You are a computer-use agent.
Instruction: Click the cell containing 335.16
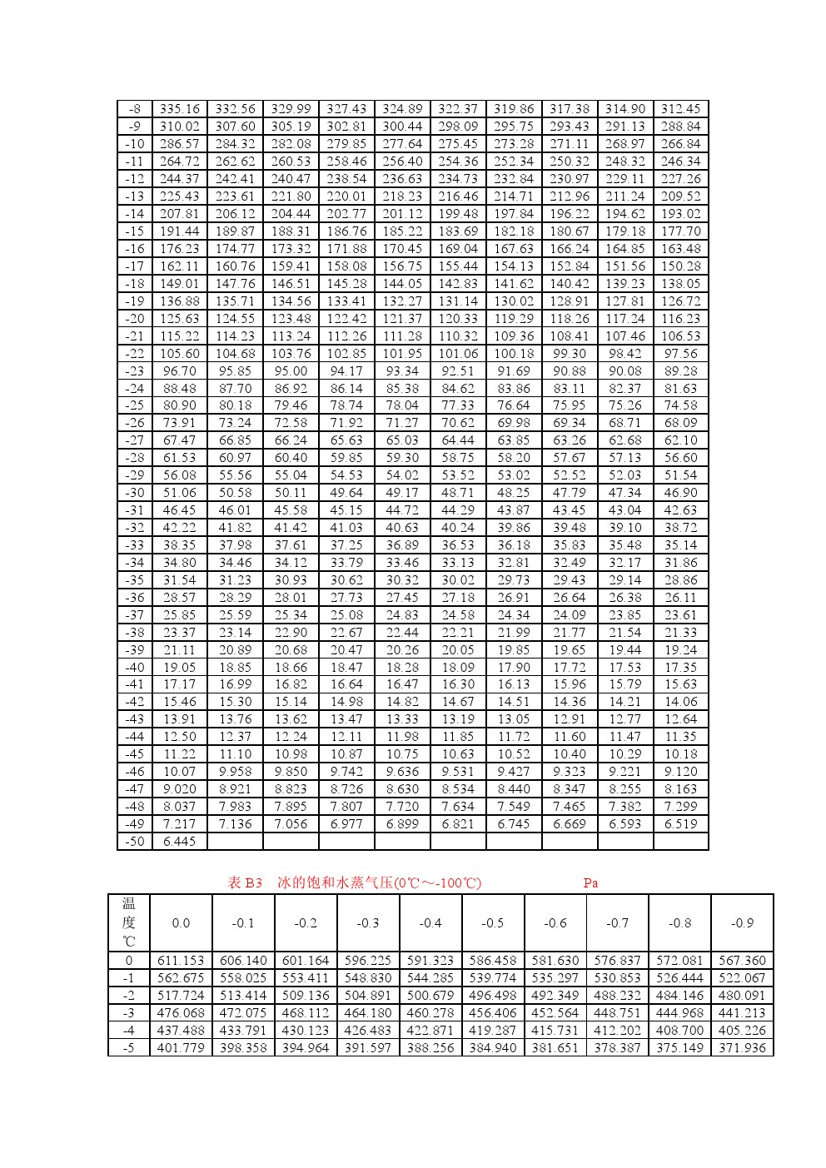(x=179, y=109)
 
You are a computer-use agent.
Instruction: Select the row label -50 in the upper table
(x=134, y=842)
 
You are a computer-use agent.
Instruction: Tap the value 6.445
(x=179, y=842)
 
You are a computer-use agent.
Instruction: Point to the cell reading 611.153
(x=181, y=961)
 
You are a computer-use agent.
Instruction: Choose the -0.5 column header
(x=492, y=923)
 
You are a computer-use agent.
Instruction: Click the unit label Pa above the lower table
(x=590, y=883)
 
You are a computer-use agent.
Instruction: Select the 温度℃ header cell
(x=128, y=922)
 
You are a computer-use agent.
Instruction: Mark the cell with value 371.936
(x=742, y=1048)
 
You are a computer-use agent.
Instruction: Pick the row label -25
(x=134, y=405)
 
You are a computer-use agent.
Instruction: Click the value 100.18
(x=514, y=354)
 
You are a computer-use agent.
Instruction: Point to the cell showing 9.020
(x=179, y=789)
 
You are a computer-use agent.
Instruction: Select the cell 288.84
(x=680, y=127)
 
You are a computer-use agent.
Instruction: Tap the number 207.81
(x=179, y=214)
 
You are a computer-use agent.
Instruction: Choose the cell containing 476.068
(x=181, y=1013)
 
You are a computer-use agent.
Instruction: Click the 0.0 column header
(x=181, y=923)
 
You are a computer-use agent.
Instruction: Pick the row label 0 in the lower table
(x=128, y=961)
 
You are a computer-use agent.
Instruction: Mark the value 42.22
(x=179, y=528)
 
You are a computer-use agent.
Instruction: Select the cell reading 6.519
(x=680, y=824)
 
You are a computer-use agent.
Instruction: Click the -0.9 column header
(x=742, y=923)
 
